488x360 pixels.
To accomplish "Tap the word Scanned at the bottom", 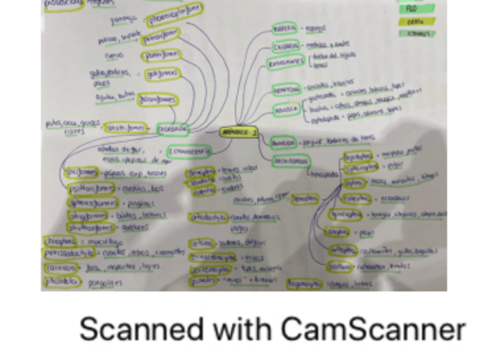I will pyautogui.click(x=141, y=330).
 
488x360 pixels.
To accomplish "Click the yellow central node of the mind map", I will pyautogui.click(x=238, y=132).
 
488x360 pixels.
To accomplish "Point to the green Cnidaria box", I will pyautogui.click(x=286, y=46).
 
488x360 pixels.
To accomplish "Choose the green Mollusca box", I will pyautogui.click(x=286, y=108).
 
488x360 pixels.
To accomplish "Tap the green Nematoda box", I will pyautogui.click(x=286, y=90).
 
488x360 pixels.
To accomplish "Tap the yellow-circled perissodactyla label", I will pyautogui.click(x=71, y=254).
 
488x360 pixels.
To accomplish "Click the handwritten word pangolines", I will pyautogui.click(x=106, y=283).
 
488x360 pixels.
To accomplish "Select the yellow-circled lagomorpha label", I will pyautogui.click(x=304, y=283).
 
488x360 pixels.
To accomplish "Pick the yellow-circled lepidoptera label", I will pyautogui.click(x=357, y=156).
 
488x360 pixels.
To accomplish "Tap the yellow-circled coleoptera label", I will pyautogui.click(x=357, y=198).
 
